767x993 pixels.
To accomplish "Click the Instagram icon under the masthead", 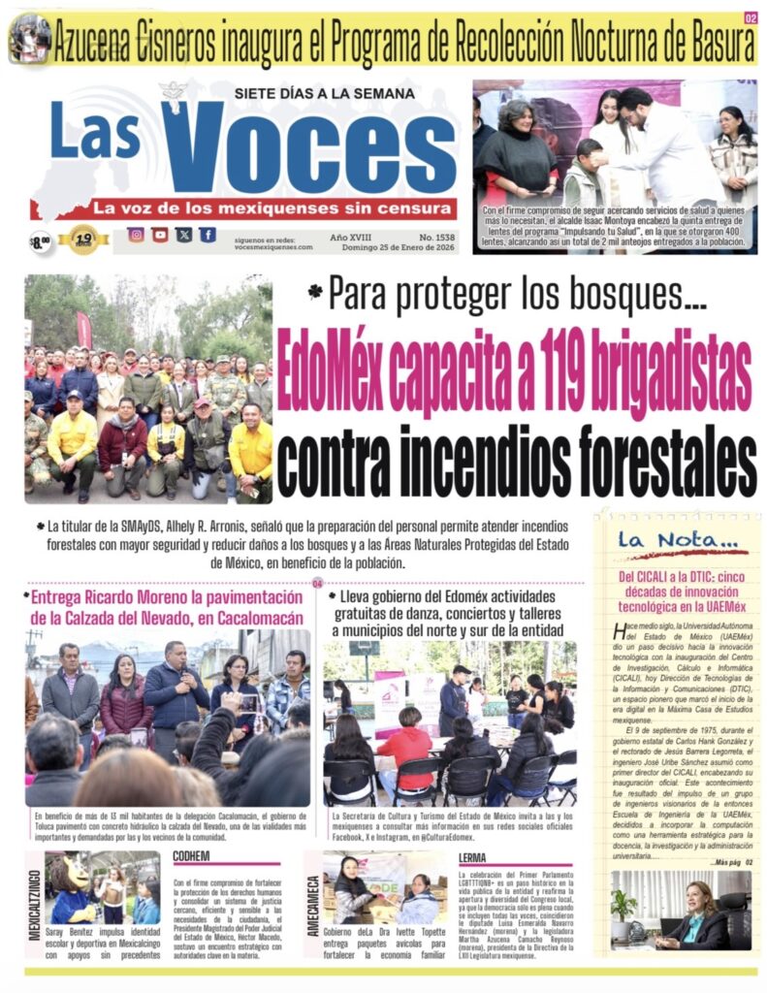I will pyautogui.click(x=136, y=235).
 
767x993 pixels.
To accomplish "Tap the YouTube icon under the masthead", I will pyautogui.click(x=160, y=235).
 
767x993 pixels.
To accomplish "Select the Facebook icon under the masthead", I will pyautogui.click(x=208, y=235).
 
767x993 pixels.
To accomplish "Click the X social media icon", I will pyautogui.click(x=183, y=235).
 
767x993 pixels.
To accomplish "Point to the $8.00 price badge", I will pyautogui.click(x=40, y=240).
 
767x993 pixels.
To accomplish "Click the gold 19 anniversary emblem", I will pyautogui.click(x=83, y=238).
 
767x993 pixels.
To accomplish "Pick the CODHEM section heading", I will pyautogui.click(x=192, y=857).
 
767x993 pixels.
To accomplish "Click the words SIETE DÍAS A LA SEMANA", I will pyautogui.click(x=324, y=93).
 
